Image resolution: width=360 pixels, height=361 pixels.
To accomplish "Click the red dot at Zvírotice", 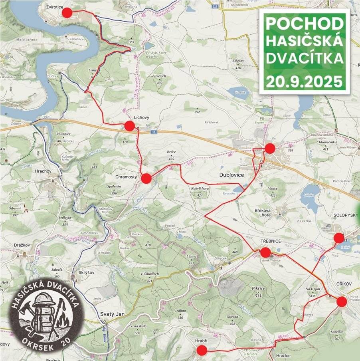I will coord(67,13).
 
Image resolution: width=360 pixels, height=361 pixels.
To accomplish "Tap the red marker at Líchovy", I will coord(129,126).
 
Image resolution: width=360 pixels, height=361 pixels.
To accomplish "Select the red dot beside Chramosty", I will coord(146,179).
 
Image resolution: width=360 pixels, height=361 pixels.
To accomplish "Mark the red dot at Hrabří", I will coord(202,351).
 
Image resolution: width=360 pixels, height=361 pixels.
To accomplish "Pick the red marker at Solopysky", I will coord(339,238).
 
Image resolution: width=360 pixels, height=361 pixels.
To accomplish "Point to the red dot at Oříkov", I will coord(341,301).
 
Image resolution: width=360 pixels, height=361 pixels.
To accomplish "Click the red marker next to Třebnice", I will coord(265,252).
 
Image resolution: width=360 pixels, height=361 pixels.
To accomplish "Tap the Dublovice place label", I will coord(231,175).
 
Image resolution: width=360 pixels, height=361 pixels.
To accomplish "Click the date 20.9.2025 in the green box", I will coord(305,82).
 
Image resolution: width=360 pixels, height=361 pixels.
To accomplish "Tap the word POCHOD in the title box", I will coord(305,24).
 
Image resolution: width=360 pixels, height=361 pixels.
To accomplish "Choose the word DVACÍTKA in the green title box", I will coord(305,59).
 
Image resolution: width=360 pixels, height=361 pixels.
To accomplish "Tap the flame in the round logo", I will coord(63,320).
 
